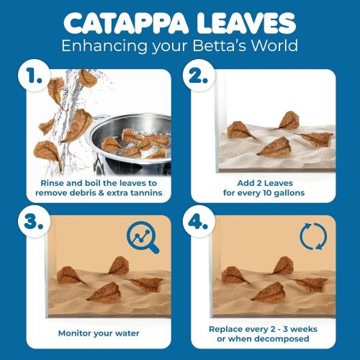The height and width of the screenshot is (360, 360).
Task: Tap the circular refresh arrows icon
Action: pyautogui.click(x=312, y=239)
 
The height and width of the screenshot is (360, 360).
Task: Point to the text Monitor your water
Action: pyautogui.click(x=99, y=333)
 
